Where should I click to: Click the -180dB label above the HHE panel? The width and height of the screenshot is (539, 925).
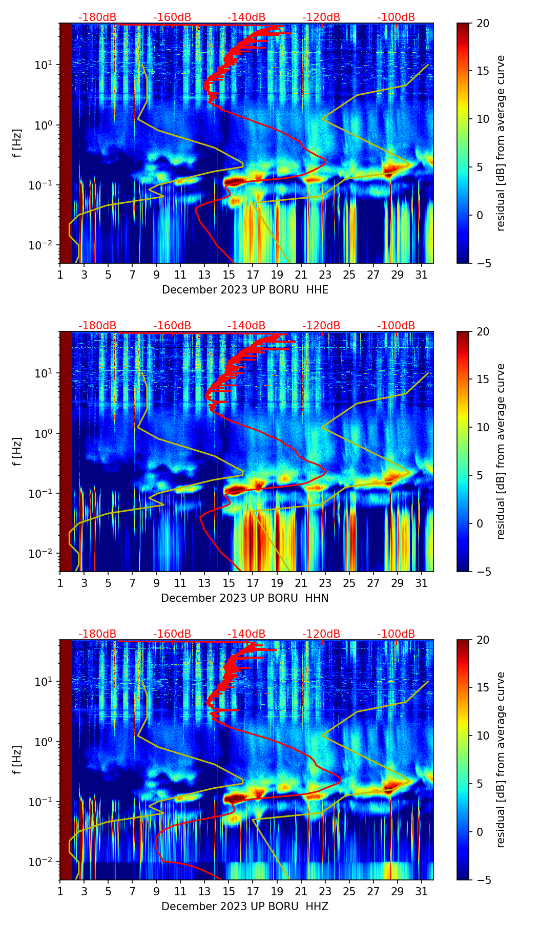pyautogui.click(x=97, y=17)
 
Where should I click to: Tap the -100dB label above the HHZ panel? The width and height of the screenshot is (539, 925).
pyautogui.click(x=396, y=634)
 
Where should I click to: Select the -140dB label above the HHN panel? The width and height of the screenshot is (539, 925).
pyautogui.click(x=246, y=326)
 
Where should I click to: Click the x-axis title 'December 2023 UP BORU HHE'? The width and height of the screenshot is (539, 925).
pyautogui.click(x=245, y=290)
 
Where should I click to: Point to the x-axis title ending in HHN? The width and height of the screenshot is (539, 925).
pyautogui.click(x=245, y=598)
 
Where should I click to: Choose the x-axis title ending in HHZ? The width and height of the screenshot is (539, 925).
pyautogui.click(x=245, y=907)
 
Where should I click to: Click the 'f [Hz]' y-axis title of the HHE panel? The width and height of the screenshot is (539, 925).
pyautogui.click(x=17, y=143)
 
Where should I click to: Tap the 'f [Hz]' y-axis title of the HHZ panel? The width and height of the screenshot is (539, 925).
pyautogui.click(x=17, y=760)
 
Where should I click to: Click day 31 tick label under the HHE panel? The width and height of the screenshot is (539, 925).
pyautogui.click(x=421, y=275)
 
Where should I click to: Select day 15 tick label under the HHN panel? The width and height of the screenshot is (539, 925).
pyautogui.click(x=229, y=583)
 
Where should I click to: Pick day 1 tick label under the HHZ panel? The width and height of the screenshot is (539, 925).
pyautogui.click(x=60, y=891)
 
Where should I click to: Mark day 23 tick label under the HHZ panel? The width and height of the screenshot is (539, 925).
pyautogui.click(x=325, y=891)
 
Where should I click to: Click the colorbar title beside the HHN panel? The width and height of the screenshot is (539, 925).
pyautogui.click(x=501, y=451)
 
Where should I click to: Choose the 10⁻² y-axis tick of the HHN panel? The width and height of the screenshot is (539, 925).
pyautogui.click(x=41, y=554)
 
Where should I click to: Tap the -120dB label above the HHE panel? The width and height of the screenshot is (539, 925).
pyautogui.click(x=321, y=17)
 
